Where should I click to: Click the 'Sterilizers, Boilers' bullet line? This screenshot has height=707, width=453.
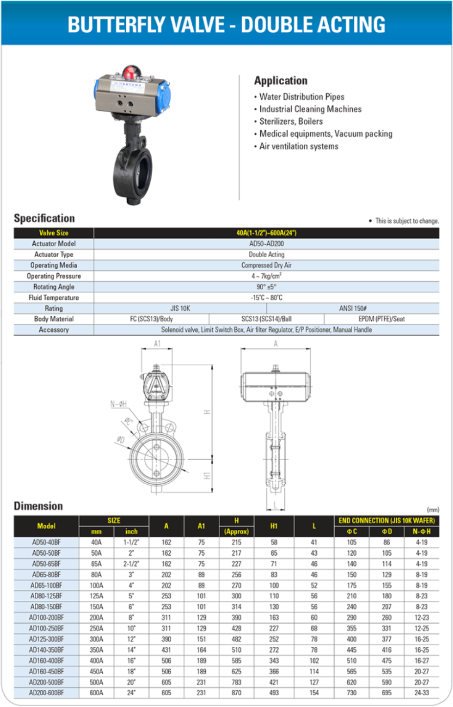[291, 121]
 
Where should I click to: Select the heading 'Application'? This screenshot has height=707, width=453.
[281, 81]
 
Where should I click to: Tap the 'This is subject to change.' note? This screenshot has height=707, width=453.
[407, 221]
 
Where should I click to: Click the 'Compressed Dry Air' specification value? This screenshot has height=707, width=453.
[266, 265]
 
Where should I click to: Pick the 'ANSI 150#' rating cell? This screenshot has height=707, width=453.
[353, 308]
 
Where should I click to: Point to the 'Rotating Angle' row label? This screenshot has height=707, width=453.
[54, 287]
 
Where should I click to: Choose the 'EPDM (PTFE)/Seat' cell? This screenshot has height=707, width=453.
[382, 319]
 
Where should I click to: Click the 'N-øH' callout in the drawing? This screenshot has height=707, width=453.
[118, 404]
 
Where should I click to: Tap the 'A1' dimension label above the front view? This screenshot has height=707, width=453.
[157, 344]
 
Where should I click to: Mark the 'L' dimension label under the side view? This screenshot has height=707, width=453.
[275, 505]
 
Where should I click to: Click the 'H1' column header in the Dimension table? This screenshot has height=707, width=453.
[274, 526]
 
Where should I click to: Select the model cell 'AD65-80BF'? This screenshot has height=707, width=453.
[46, 575]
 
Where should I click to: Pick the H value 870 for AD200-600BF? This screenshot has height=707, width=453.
[236, 693]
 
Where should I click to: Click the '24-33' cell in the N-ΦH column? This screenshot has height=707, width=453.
[422, 693]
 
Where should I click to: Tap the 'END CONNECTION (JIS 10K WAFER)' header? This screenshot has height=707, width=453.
[386, 520]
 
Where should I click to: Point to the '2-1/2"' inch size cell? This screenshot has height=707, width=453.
[131, 564]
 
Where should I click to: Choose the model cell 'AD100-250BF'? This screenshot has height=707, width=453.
[46, 629]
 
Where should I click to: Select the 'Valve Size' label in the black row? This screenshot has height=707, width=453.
[54, 233]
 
